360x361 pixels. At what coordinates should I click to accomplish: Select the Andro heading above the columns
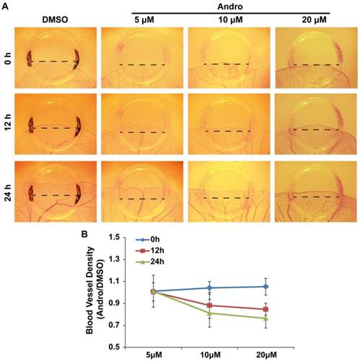(x=228, y=5)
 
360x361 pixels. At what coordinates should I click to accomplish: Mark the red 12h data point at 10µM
(x=229, y=306)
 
